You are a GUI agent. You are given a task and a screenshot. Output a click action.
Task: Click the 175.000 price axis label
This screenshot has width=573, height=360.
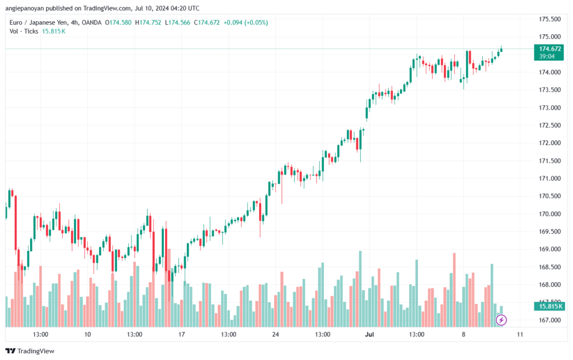pos(549,36)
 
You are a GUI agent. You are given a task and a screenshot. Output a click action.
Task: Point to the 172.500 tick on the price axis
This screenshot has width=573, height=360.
pos(549,125)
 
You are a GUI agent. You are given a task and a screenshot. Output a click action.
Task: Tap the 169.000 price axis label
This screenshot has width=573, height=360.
pos(549,249)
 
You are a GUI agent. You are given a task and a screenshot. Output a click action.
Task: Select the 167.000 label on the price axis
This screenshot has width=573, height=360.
pos(549,320)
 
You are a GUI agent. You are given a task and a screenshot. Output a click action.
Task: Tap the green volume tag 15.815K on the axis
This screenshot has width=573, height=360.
pos(548,306)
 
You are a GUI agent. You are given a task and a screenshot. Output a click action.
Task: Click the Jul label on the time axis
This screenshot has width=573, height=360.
pos(369,334)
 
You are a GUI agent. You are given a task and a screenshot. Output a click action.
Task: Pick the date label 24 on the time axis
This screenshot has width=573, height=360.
pos(275,334)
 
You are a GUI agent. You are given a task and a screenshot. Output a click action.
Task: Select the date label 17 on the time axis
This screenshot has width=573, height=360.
pos(182,334)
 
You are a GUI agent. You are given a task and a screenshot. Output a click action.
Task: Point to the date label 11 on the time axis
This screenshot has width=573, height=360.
pos(520,334)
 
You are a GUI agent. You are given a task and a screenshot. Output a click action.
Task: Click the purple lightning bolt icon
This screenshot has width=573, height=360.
pos(501,320)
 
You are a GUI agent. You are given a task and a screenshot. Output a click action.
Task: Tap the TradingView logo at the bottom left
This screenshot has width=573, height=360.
pos(30,351)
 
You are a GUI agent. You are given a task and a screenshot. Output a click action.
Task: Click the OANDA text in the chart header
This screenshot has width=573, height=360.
pos(91,22)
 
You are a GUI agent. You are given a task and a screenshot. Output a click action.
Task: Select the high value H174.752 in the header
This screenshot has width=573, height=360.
pos(148,22)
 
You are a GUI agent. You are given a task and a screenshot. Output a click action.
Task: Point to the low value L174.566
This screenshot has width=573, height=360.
pos(177,22)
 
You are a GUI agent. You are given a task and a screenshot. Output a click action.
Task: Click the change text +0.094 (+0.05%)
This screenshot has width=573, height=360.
pos(246,22)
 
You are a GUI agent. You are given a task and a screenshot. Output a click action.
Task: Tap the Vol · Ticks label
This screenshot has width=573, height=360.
pos(24,31)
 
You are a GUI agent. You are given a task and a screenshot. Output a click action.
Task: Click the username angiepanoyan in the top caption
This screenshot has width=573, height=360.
pos(25,8)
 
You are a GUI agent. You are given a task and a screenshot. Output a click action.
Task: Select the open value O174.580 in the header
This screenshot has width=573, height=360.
pos(118,22)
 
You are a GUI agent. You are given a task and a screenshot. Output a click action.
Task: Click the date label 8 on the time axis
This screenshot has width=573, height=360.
pos(463,334)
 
